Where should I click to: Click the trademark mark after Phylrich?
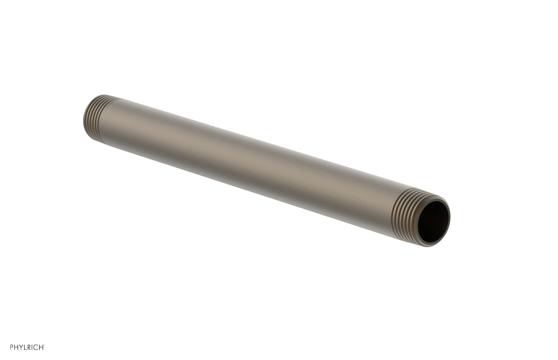[x=43, y=346]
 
